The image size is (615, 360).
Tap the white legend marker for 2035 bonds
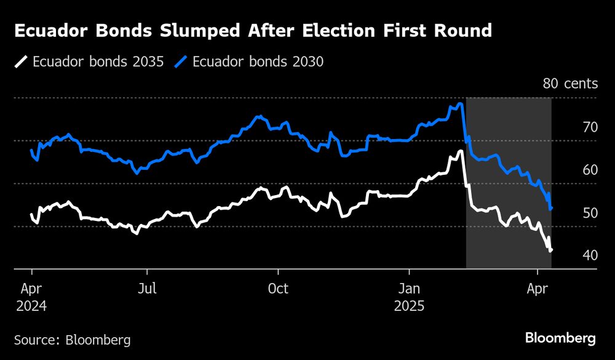(x=22, y=62)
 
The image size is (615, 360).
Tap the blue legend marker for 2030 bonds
(x=182, y=62)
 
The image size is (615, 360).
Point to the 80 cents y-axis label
(x=570, y=84)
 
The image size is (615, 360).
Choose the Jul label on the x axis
(x=146, y=288)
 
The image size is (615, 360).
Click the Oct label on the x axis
(x=279, y=288)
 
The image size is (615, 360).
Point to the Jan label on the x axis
(x=410, y=288)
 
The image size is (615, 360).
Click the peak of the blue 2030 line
(x=459, y=104)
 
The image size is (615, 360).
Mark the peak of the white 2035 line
(x=460, y=151)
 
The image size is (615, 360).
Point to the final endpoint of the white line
(x=551, y=250)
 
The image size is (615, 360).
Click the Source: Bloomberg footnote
(x=72, y=339)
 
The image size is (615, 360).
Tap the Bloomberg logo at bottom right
(x=560, y=338)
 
